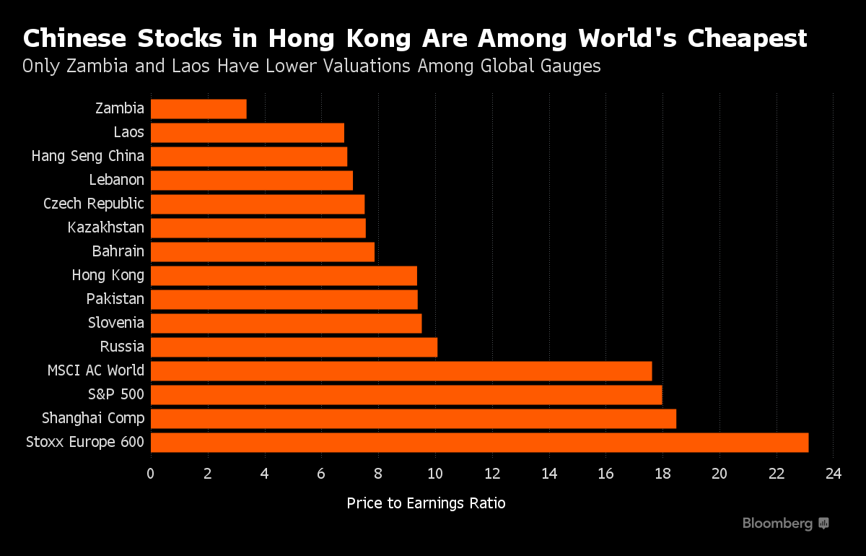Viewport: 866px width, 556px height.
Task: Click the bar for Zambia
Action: pos(198,109)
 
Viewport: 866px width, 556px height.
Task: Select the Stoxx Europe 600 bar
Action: pos(479,442)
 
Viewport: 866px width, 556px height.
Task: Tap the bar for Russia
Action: pos(294,347)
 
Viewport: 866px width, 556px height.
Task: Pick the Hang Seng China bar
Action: pos(249,157)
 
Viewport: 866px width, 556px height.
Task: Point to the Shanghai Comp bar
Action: pos(413,418)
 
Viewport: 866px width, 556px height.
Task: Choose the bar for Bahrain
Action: pos(263,251)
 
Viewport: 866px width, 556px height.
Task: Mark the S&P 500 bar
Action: pos(406,394)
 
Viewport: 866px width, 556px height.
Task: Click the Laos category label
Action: pos(128,132)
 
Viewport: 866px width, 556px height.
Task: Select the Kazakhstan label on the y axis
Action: pos(105,227)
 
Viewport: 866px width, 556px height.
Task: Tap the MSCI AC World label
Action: pos(96,370)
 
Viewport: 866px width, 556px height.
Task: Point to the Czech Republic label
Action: pos(94,204)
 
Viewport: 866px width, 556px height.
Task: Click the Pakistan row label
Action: pos(115,299)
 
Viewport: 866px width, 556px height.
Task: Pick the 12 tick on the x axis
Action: pos(492,474)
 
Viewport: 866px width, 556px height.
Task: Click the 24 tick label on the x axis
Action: pos(833,474)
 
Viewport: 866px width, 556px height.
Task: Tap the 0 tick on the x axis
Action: pos(151,474)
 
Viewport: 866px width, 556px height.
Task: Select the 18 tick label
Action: pos(662,474)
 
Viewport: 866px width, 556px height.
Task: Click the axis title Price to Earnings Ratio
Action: pos(426,503)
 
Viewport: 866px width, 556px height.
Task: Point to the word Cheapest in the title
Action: pos(747,38)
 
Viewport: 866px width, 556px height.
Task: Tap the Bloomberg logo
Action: pos(786,524)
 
